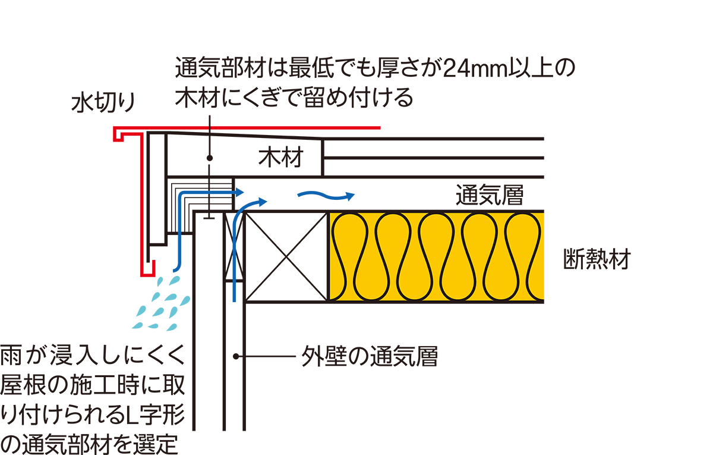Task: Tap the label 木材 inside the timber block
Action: click(281, 158)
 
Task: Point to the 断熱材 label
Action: click(596, 260)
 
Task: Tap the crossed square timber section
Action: click(286, 256)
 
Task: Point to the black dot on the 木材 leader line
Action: click(210, 158)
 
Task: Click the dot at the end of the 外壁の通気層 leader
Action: click(236, 357)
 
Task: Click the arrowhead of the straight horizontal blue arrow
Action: click(239, 192)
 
